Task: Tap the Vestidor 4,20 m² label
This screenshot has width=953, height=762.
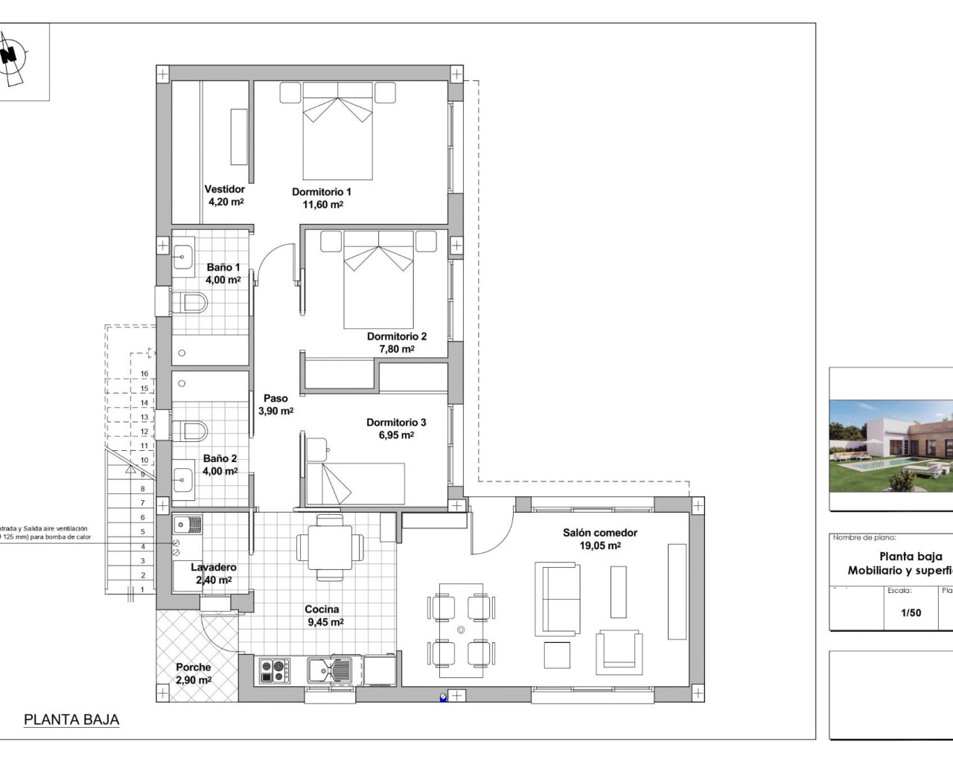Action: (224, 196)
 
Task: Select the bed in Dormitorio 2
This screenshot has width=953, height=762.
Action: (378, 279)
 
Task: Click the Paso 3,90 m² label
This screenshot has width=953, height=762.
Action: (275, 405)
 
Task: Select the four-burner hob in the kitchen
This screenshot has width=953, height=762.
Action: (275, 670)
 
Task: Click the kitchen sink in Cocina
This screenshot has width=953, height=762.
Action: (330, 670)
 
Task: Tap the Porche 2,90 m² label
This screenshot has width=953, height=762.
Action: (194, 673)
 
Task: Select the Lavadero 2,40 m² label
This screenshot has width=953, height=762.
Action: (214, 574)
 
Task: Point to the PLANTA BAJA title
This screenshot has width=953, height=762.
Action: (71, 720)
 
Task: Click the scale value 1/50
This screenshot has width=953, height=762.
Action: (911, 613)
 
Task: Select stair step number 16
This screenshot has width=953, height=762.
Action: (144, 374)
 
